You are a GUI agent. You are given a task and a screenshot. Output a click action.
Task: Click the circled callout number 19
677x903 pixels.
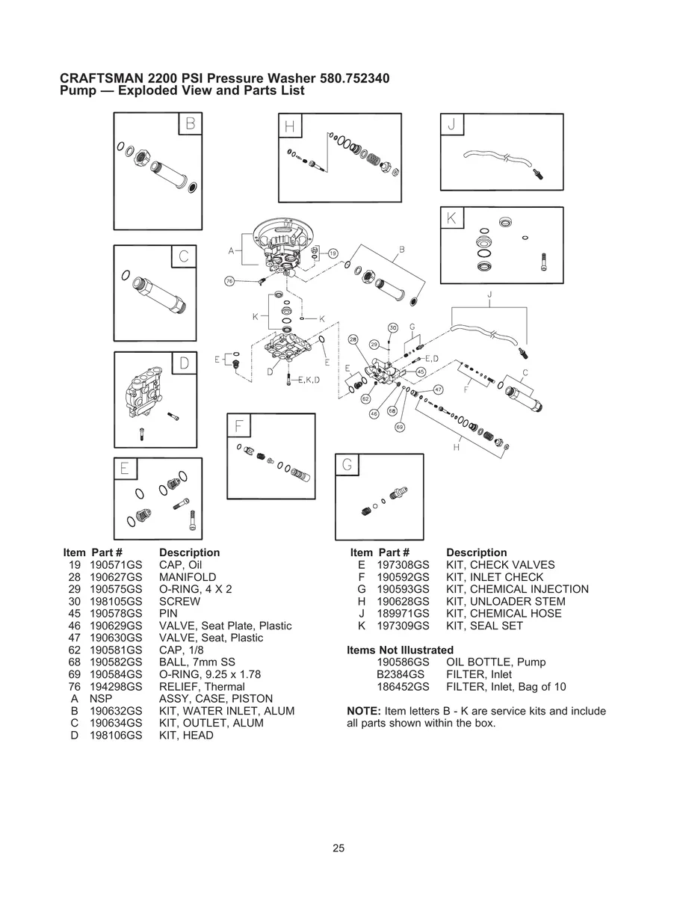point(333,253)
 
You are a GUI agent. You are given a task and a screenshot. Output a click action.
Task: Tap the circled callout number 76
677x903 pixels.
point(229,281)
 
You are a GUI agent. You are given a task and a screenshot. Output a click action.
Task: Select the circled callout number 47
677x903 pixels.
point(439,389)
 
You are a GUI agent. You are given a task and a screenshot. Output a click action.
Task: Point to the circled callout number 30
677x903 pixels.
point(393,328)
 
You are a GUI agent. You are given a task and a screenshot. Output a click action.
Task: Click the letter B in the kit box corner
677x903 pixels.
point(191,123)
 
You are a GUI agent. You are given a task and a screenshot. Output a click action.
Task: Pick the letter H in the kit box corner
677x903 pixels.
point(290,126)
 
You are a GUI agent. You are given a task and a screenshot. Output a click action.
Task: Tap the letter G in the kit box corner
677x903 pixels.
point(347,464)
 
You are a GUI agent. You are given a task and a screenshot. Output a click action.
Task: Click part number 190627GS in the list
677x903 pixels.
point(116,577)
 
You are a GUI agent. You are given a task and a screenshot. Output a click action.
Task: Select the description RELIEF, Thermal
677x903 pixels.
point(202,687)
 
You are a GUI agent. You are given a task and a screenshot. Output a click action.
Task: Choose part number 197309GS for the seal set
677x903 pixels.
point(403,626)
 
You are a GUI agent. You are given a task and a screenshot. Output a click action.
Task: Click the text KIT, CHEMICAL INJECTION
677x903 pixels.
point(517,589)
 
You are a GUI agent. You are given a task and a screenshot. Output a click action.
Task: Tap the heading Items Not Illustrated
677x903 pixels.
point(400,650)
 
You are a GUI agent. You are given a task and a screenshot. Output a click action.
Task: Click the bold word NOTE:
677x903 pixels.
point(364,711)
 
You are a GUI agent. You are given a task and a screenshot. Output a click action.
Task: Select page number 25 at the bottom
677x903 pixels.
point(338,848)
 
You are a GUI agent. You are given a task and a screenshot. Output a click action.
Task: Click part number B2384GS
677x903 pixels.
point(401,674)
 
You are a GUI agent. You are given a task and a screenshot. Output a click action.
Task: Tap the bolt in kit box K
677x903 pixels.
point(544,262)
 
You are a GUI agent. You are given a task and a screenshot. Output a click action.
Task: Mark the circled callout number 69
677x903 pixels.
point(400,427)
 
